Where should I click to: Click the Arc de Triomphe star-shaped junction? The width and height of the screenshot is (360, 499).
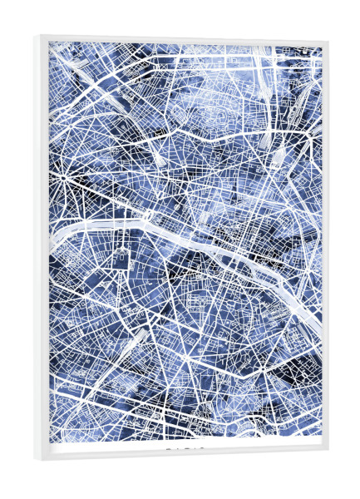click(x=63, y=177)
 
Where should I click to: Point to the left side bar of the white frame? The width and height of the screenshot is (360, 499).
click(x=42, y=249)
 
